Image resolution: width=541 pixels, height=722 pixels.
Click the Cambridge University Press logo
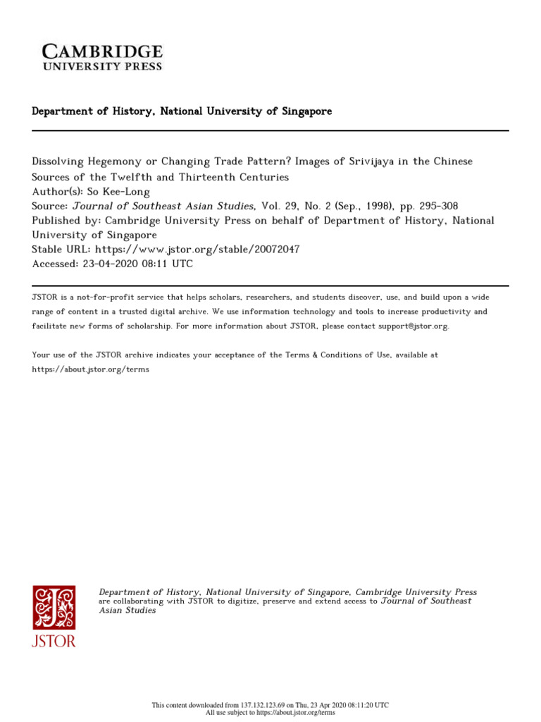click(x=102, y=56)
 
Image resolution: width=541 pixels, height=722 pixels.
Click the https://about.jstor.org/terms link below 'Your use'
click(x=91, y=369)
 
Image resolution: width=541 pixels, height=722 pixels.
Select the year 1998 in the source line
click(x=390, y=206)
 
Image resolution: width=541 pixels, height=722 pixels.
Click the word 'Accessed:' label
click(x=56, y=264)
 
